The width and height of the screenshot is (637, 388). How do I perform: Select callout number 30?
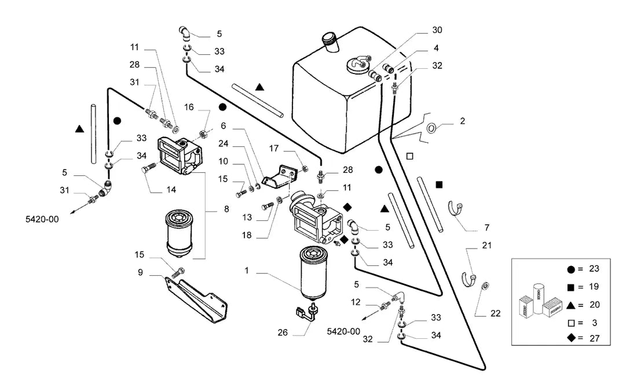coord(437,30)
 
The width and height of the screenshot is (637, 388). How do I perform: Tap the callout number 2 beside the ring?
coord(462,121)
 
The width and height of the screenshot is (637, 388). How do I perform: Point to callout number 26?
coord(283,332)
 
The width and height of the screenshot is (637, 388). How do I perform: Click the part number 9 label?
coord(141,272)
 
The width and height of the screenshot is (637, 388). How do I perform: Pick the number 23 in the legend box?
coord(594,269)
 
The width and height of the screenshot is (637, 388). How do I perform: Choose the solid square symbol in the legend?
coord(571,287)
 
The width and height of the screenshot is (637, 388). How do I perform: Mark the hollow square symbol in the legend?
coord(571,323)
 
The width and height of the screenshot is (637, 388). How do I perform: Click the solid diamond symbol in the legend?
coord(571,338)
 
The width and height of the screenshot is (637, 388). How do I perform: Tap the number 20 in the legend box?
coord(594,305)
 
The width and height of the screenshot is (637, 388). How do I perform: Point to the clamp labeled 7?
coord(455,210)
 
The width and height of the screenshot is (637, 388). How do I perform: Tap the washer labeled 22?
coord(484,286)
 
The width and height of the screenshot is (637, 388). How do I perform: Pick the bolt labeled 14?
coord(149,168)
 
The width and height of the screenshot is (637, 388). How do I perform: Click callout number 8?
coord(226,209)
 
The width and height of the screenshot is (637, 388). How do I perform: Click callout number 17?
coord(274,149)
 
